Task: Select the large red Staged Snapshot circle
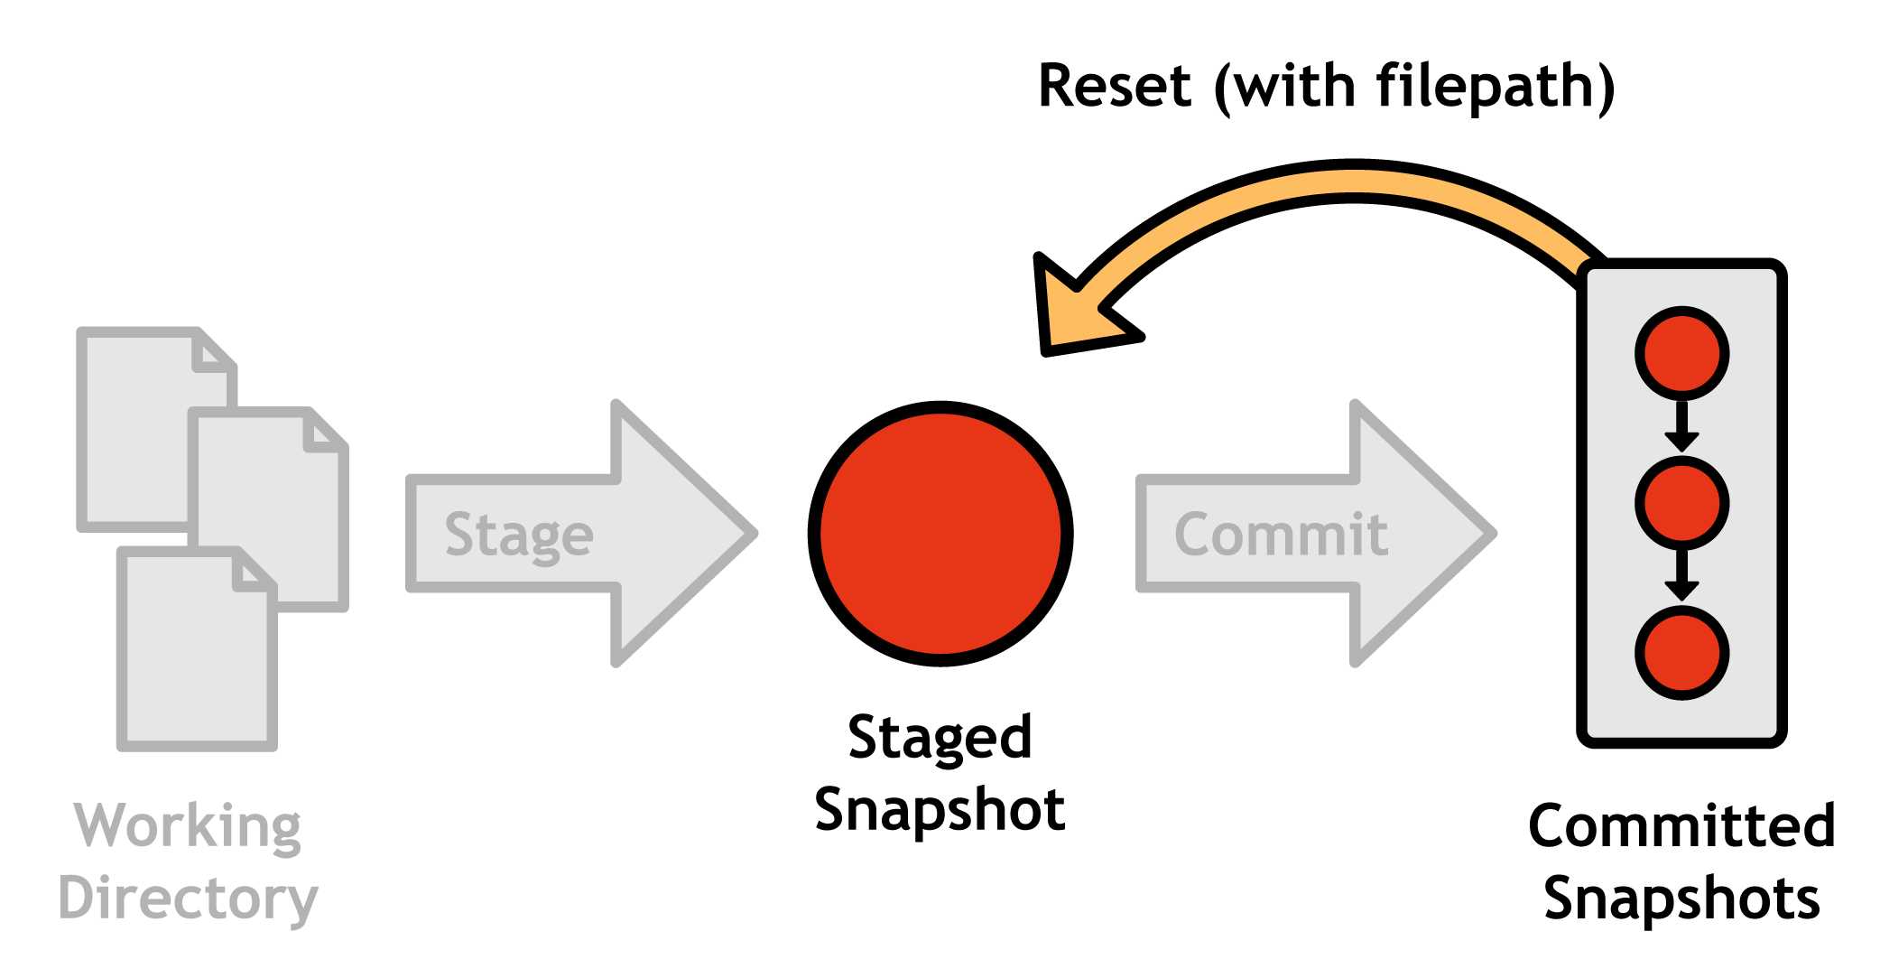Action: (940, 534)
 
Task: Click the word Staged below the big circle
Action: (940, 738)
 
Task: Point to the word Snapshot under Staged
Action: (940, 809)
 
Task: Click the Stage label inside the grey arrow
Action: (519, 535)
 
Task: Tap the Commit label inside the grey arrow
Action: (1280, 535)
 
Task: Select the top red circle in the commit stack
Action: (1681, 353)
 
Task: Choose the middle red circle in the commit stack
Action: (1681, 503)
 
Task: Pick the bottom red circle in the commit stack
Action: (1681, 652)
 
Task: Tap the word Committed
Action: (1681, 825)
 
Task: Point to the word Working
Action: (188, 825)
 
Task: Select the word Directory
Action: (188, 898)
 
